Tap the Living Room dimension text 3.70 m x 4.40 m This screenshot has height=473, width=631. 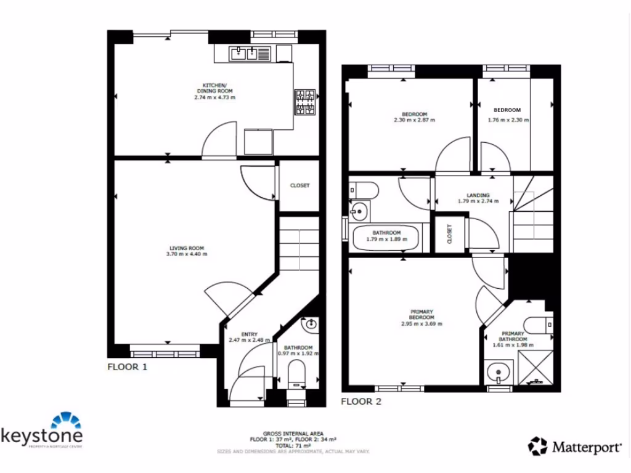(187, 254)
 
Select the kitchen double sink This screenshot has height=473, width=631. (245, 54)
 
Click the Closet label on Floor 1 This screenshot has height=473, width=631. (299, 185)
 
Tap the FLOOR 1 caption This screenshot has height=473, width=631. (128, 367)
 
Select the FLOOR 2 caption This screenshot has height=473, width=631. (361, 402)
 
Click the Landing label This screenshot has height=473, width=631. (478, 195)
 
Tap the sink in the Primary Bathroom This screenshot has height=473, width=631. (497, 372)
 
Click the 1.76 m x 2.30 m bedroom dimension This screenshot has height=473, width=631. (508, 120)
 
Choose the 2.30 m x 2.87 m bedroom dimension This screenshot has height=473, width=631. (414, 120)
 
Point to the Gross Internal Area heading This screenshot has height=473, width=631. (293, 434)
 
